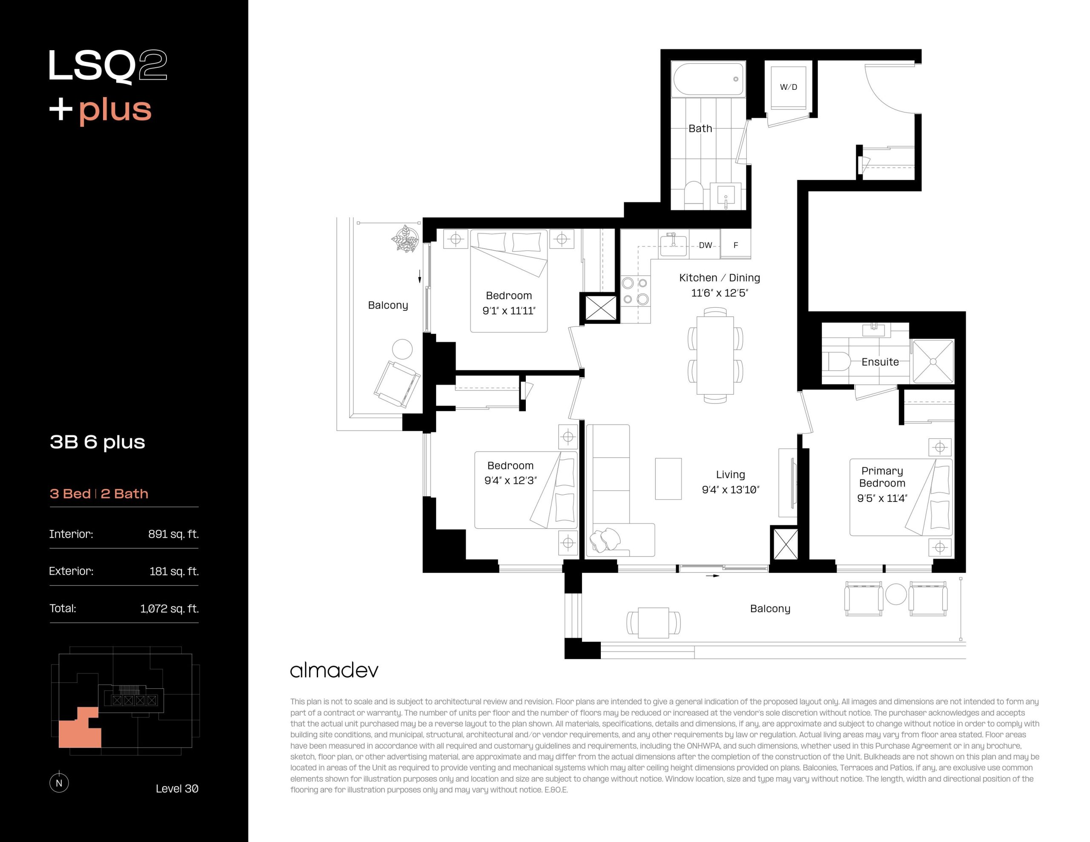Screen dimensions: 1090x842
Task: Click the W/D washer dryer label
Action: [x=789, y=87]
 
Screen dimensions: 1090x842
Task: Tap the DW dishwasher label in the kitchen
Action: [x=705, y=245]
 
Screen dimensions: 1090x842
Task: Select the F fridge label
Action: [x=736, y=245]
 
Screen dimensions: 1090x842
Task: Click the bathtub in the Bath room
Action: [x=708, y=79]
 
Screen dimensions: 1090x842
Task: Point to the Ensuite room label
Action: [x=880, y=362]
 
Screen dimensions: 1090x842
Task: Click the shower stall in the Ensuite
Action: [x=933, y=361]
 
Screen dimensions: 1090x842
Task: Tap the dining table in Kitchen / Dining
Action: [x=715, y=355]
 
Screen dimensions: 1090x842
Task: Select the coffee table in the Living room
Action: [x=668, y=478]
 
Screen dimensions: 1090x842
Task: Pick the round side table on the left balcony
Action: [x=402, y=349]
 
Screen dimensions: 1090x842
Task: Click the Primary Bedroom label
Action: [x=882, y=477]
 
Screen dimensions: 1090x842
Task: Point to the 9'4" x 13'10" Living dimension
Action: [x=731, y=490]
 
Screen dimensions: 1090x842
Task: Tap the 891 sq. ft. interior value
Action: [x=173, y=534]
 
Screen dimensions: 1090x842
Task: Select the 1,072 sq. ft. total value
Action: [x=169, y=608]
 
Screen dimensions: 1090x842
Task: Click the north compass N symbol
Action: [x=59, y=782]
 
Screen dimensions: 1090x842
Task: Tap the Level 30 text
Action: [x=177, y=789]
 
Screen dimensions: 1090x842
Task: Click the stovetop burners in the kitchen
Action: [x=635, y=292]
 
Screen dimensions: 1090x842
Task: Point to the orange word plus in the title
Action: [x=115, y=110]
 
